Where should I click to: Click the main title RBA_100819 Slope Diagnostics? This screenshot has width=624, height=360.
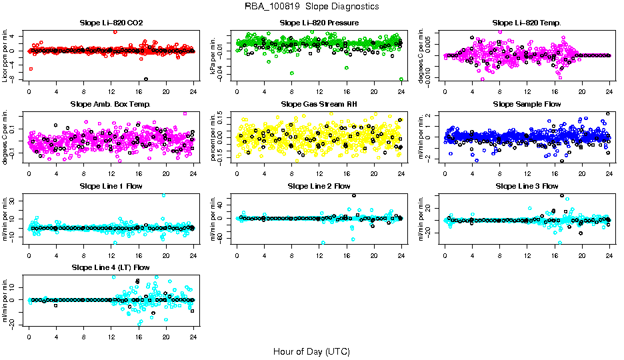[312, 6]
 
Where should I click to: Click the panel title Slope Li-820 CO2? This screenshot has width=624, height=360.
[111, 23]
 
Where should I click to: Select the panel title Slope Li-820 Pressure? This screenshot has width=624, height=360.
[319, 23]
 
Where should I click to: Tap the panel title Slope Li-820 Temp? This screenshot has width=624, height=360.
[527, 23]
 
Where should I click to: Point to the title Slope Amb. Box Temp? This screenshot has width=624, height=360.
[111, 104]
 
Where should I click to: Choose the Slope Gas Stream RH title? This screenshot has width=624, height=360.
[319, 104]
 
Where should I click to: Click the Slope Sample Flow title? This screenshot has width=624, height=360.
[527, 104]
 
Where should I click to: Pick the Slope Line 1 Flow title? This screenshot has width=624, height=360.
[111, 185]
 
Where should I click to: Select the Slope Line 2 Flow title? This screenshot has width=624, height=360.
[319, 185]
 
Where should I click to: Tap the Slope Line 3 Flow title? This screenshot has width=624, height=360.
[527, 185]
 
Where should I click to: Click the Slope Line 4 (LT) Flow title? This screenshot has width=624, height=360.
[111, 267]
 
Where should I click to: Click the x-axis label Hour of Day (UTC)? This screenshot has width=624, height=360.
[311, 351]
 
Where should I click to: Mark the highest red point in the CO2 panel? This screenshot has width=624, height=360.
[115, 31]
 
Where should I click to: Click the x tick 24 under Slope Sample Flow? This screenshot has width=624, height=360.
[609, 171]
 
